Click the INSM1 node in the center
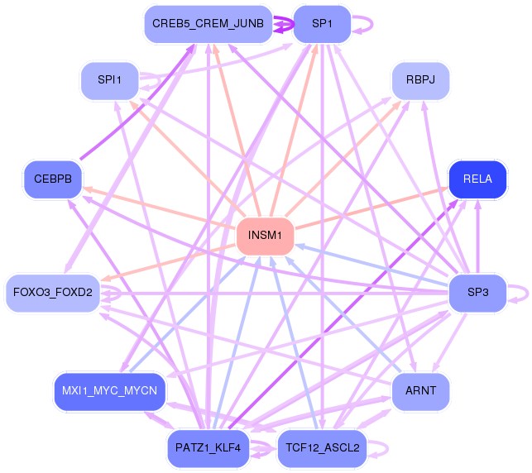click(x=265, y=236)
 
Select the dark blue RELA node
click(x=477, y=179)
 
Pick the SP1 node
click(x=322, y=24)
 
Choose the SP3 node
click(x=477, y=293)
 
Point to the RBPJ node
click(x=420, y=80)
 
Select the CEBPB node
click(x=52, y=179)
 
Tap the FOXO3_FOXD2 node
click(x=52, y=293)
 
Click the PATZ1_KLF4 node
click(x=208, y=448)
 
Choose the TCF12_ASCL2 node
click(x=322, y=448)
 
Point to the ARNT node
click(x=420, y=390)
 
